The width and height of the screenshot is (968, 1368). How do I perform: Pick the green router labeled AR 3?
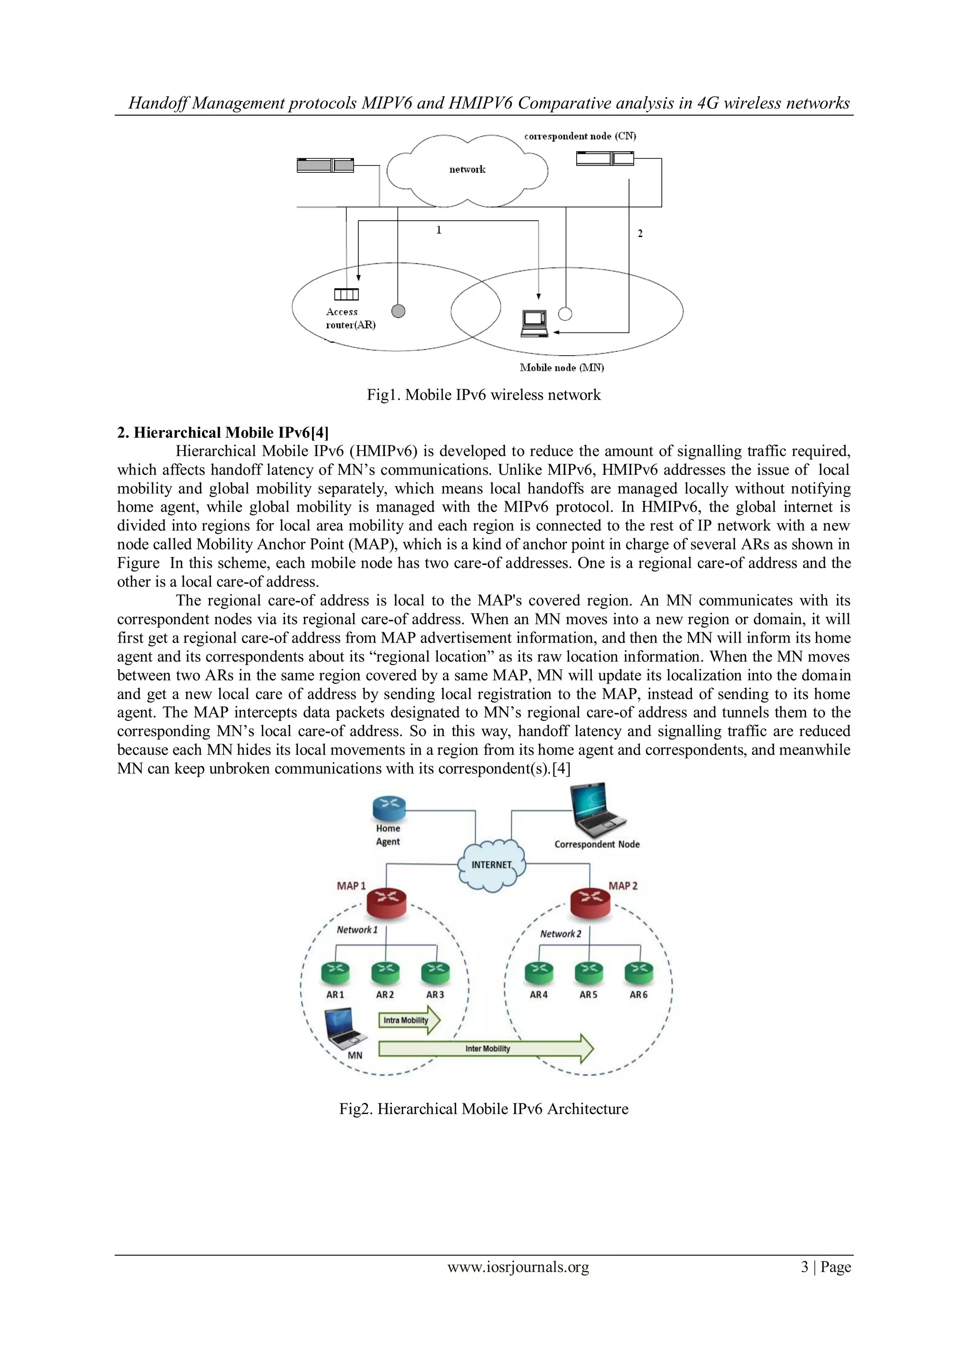click(x=435, y=972)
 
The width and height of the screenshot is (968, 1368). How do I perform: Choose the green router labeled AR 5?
click(x=588, y=972)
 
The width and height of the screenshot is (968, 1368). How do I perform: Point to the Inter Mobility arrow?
click(x=486, y=1049)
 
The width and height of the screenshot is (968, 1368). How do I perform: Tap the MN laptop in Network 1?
click(x=345, y=1029)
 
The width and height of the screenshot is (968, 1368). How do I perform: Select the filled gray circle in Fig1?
click(x=398, y=311)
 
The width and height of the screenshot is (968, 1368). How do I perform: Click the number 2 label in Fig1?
click(x=640, y=233)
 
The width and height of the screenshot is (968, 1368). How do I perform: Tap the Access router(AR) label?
click(x=351, y=319)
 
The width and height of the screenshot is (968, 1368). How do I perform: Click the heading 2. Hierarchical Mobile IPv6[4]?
click(x=222, y=433)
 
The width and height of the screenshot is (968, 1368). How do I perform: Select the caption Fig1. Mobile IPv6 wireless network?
click(x=484, y=395)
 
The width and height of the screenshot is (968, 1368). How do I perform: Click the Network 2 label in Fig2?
click(x=560, y=933)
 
